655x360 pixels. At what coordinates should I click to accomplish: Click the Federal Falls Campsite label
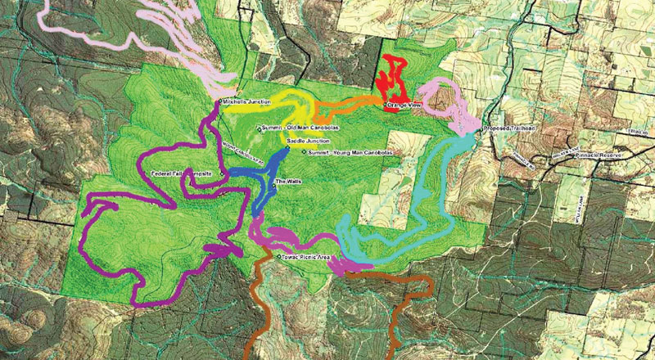183,174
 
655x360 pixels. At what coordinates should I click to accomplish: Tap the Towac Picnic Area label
308,257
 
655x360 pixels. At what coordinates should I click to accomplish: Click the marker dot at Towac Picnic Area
281,257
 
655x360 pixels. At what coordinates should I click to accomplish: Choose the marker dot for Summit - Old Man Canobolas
260,128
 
